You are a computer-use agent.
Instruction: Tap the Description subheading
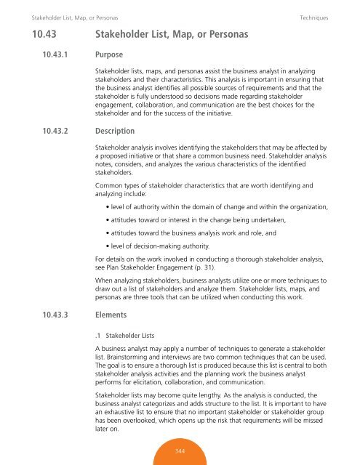tap(116, 132)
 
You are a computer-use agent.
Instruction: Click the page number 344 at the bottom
tap(180, 450)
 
